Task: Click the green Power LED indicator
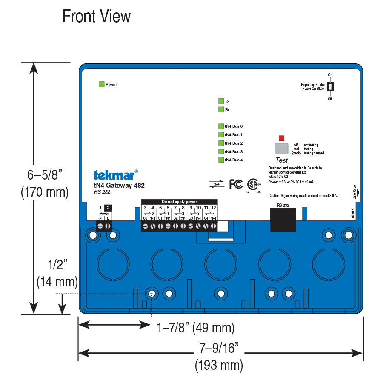pyautogui.click(x=101, y=84)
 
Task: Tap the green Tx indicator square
pyautogui.click(x=221, y=101)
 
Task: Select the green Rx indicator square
pyautogui.click(x=221, y=109)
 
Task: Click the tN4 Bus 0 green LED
pyautogui.click(x=221, y=126)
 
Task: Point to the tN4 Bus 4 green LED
pyautogui.click(x=221, y=160)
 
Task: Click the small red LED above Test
pyautogui.click(x=281, y=138)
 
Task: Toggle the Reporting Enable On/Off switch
pyautogui.click(x=331, y=86)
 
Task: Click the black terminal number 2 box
pyautogui.click(x=108, y=208)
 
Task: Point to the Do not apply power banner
pyautogui.click(x=179, y=201)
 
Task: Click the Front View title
pyautogui.click(x=97, y=17)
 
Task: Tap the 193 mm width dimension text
pyautogui.click(x=219, y=365)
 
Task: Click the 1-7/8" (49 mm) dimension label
pyautogui.click(x=196, y=328)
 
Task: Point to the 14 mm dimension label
pyautogui.click(x=57, y=281)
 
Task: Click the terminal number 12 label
pyautogui.click(x=214, y=208)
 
